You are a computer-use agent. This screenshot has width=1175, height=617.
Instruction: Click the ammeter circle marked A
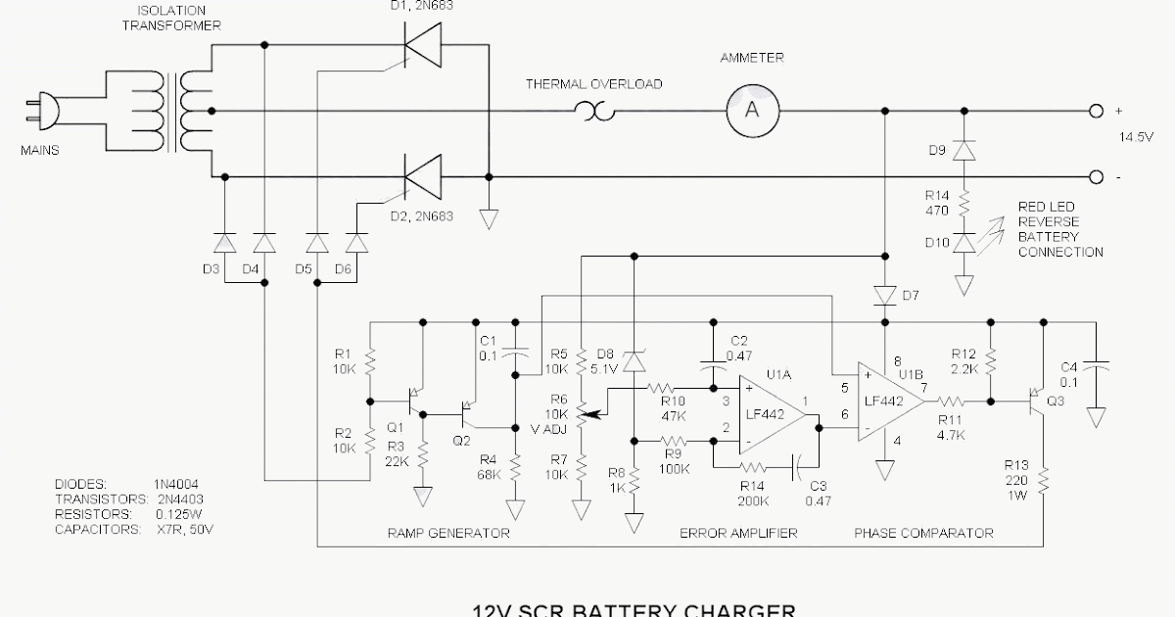coord(752,111)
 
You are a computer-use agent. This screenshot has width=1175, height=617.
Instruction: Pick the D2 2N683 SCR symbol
coord(421,177)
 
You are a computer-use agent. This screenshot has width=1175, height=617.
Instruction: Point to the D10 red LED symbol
coord(964,241)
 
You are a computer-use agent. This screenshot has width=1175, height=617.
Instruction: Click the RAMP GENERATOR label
coord(449,534)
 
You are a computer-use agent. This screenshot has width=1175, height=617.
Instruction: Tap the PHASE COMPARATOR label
coord(923,534)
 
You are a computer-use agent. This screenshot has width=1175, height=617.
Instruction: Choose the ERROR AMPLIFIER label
coord(738,534)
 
